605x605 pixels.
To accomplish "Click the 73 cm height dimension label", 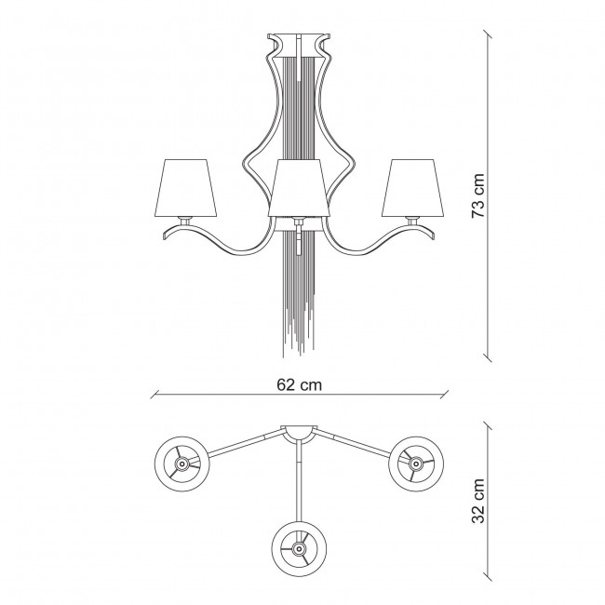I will [477, 195].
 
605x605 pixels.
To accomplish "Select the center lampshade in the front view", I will [297, 184].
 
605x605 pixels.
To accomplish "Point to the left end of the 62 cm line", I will [152, 394].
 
